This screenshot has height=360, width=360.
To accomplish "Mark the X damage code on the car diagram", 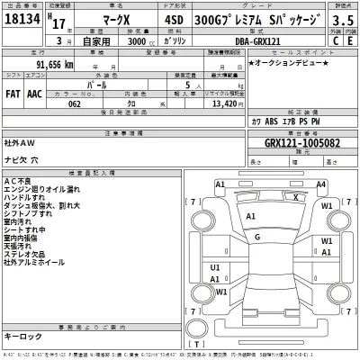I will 296,196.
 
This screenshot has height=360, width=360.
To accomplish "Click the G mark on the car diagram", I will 257,238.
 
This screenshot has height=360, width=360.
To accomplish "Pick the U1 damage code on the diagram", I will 215,268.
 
